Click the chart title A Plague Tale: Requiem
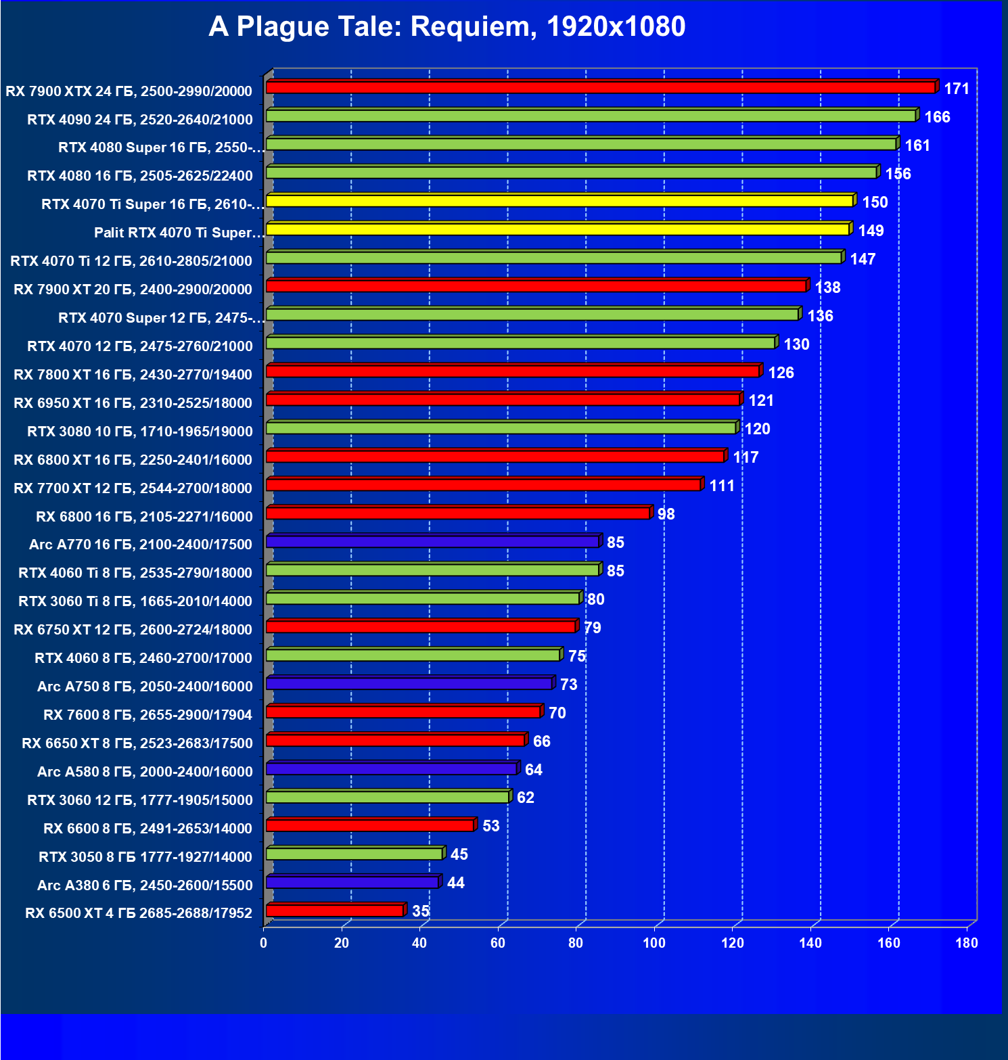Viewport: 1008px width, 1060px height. [x=446, y=27]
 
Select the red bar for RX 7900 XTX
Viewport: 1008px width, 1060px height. [x=601, y=87]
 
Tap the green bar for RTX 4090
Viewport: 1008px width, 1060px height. [x=591, y=116]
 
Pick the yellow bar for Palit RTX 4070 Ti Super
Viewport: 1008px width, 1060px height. [x=558, y=229]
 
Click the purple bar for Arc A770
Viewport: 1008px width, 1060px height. [x=433, y=542]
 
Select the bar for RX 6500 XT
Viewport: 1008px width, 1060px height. [x=336, y=911]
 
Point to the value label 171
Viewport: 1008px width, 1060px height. [x=957, y=89]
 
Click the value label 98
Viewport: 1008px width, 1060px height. [x=666, y=514]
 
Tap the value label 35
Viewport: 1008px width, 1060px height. [x=421, y=911]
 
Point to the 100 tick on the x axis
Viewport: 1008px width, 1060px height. [x=654, y=943]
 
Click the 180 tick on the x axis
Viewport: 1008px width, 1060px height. [x=967, y=943]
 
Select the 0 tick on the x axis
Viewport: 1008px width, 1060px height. [x=264, y=943]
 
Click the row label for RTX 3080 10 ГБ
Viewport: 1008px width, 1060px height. [x=139, y=432]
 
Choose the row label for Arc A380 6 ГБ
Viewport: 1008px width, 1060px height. [x=145, y=885]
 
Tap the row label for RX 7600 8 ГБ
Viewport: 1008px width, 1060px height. [x=147, y=715]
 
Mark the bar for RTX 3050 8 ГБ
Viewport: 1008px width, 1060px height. [x=355, y=854]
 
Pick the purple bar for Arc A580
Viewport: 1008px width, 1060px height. [x=392, y=768]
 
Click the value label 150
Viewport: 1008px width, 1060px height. [x=875, y=202]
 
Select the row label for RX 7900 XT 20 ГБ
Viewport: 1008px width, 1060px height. [x=133, y=290]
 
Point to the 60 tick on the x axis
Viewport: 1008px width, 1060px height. [x=498, y=943]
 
